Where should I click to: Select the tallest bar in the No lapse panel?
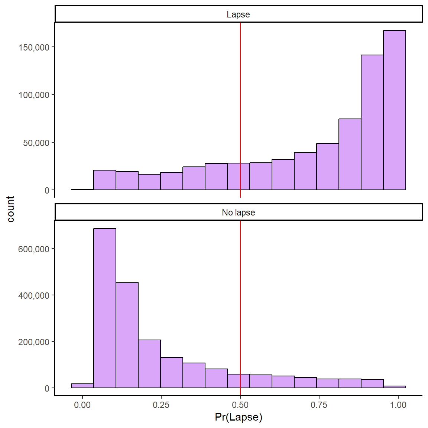[x=105, y=308]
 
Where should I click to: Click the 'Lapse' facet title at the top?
[x=238, y=14]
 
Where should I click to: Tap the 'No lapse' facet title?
[x=238, y=213]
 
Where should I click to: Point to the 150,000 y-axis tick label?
[x=34, y=47]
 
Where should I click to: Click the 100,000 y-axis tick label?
[x=34, y=95]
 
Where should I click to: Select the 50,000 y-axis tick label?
[x=36, y=143]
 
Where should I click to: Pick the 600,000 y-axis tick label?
[x=34, y=249]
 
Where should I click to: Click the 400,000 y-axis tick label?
[x=34, y=296]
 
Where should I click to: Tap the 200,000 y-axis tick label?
[x=34, y=342]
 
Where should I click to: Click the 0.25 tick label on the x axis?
[x=161, y=405]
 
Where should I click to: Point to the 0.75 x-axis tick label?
[x=319, y=405]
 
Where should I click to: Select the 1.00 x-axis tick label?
[x=398, y=405]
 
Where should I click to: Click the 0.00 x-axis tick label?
[x=82, y=405]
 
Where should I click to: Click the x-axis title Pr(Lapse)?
[x=239, y=417]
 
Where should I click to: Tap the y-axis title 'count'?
[x=10, y=209]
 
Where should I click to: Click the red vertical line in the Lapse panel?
[x=240, y=93]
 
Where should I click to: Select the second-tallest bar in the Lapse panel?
[x=372, y=123]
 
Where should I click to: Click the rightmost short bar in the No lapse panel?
[x=395, y=387]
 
